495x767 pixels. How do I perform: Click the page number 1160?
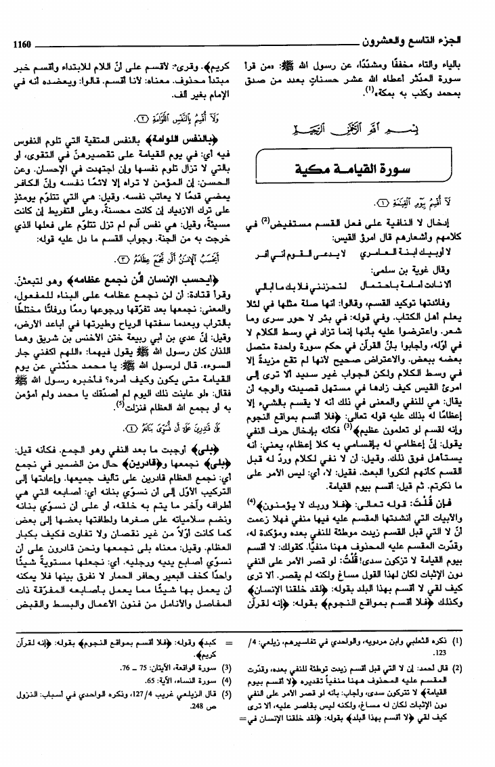tap(22, 44)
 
